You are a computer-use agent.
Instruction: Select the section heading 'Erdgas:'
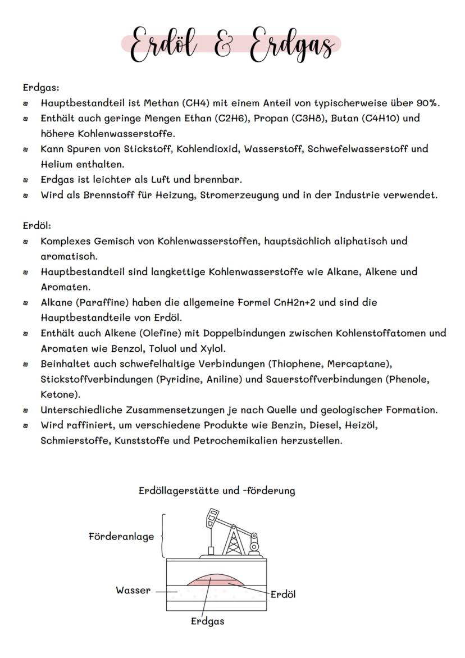(x=41, y=88)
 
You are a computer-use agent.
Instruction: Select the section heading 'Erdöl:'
(x=37, y=225)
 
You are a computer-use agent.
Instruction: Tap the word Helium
(x=57, y=164)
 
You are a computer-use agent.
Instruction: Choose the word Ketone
(x=58, y=394)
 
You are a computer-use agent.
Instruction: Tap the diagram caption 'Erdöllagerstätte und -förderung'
(x=217, y=491)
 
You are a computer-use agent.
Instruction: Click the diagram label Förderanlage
(x=121, y=537)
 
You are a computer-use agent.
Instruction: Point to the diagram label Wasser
(x=133, y=591)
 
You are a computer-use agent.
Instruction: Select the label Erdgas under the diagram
(x=207, y=621)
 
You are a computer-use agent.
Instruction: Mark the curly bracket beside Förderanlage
(x=163, y=535)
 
